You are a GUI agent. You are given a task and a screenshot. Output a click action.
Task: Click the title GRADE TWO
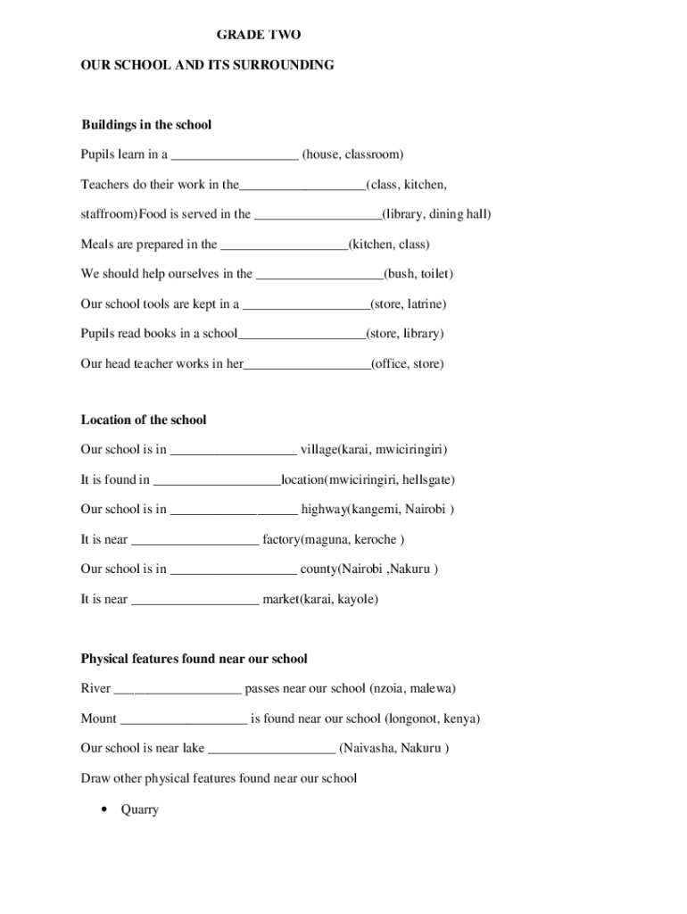coord(259,35)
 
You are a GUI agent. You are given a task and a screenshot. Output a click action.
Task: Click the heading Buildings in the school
coord(146,125)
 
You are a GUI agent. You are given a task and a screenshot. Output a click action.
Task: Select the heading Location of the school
coord(144,420)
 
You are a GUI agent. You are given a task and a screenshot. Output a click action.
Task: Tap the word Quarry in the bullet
coord(139,810)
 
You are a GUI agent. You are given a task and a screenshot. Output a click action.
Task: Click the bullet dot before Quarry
coord(104,810)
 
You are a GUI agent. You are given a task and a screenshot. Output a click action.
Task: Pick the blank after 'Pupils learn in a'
coord(235,156)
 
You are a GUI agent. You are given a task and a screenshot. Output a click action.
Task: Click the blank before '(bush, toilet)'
coord(319,276)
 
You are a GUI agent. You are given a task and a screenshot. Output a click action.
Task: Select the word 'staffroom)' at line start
coord(108,214)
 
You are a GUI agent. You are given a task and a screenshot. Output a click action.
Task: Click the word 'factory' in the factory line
coord(281,539)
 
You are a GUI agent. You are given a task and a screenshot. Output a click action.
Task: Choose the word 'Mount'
coord(98,719)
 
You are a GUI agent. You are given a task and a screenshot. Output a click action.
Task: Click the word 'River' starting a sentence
coord(95,688)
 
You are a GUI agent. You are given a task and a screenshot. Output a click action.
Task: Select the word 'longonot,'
coord(414,719)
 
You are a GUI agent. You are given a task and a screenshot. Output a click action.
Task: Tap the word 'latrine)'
coord(426,303)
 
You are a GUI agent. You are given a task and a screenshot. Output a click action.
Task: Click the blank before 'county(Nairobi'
coord(233,570)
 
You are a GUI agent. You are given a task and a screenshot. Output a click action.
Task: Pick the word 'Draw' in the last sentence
coord(95,778)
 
